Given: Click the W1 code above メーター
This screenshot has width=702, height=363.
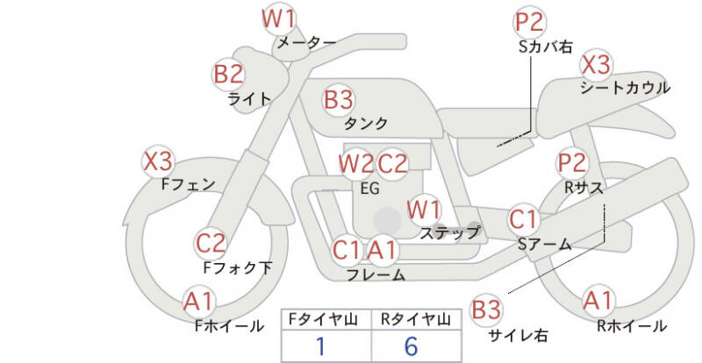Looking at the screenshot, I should (x=279, y=18).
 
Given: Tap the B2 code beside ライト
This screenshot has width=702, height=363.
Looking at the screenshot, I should (x=229, y=75).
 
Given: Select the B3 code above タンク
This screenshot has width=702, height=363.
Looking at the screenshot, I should (x=338, y=99).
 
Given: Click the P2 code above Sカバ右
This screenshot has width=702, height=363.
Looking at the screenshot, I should (x=530, y=21).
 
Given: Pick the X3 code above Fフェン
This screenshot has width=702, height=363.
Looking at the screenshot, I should (x=159, y=161).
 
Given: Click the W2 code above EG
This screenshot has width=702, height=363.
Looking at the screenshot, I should (x=355, y=163).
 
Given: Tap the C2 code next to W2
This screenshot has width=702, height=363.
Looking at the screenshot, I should (x=393, y=163).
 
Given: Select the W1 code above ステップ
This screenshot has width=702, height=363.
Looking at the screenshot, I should (x=424, y=210).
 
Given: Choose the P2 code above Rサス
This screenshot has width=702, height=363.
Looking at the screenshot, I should (x=572, y=162).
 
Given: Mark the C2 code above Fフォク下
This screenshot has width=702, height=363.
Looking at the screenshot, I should (x=211, y=242).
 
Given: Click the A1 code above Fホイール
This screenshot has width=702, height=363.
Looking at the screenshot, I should (x=199, y=302).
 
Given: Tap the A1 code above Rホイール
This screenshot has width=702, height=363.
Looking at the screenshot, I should (x=598, y=301).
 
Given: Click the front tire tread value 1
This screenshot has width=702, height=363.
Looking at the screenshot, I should (x=322, y=345).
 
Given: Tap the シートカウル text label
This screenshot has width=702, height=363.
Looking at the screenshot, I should (x=625, y=88).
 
